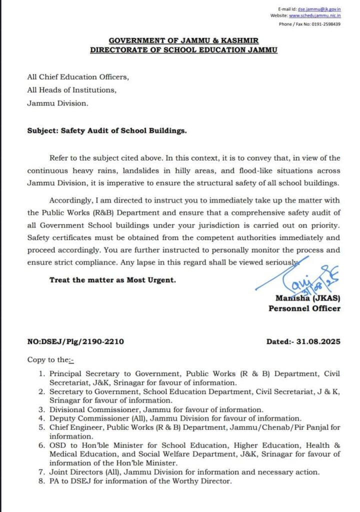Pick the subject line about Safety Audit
(x=107, y=131)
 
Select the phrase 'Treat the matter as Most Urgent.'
(x=112, y=280)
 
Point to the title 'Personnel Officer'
(x=304, y=308)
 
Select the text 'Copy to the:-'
(x=50, y=359)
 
